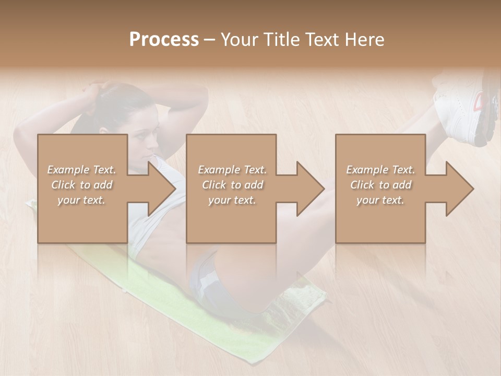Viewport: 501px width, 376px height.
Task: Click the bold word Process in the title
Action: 164,40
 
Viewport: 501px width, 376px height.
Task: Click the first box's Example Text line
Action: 81,170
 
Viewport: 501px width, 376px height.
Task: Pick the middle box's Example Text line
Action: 232,170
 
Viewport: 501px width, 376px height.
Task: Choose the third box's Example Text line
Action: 380,170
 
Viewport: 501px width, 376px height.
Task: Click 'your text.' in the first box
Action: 81,200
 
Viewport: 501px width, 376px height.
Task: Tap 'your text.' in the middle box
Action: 232,200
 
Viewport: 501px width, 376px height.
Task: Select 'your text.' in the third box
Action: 380,200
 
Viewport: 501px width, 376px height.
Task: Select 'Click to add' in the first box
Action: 81,185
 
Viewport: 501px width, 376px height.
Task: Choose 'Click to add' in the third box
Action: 380,185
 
